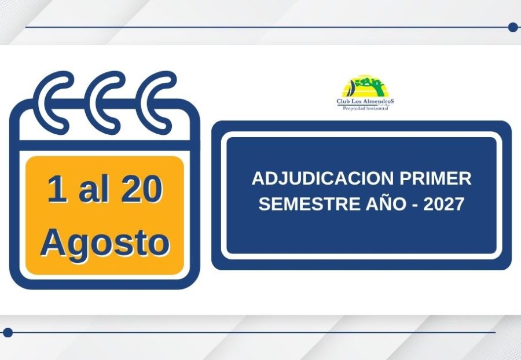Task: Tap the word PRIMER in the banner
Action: pyautogui.click(x=435, y=178)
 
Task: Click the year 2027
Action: pyautogui.click(x=443, y=204)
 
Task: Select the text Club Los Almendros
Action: pyautogui.click(x=365, y=101)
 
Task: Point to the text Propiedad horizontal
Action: pyautogui.click(x=365, y=108)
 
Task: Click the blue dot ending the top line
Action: pyautogui.click(x=513, y=27)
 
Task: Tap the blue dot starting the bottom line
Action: pyautogui.click(x=8, y=332)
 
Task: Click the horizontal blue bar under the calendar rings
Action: pyautogui.click(x=105, y=145)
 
